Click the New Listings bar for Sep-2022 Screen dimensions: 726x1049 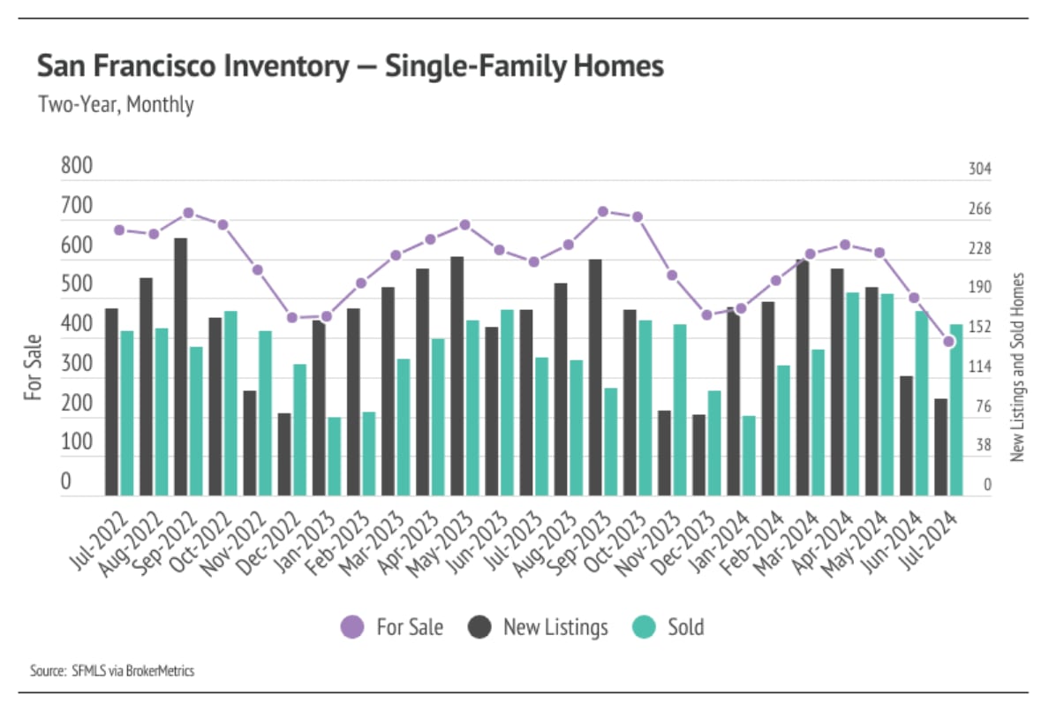pos(180,367)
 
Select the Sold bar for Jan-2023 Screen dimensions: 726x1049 pos(334,456)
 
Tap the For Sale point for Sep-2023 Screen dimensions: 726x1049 pos(603,211)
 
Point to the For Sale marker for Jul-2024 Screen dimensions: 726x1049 pos(949,341)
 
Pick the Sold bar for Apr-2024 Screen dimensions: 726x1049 pos(852,394)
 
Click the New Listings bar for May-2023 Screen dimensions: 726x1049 pos(457,376)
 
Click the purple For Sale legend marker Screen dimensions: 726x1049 pos(351,628)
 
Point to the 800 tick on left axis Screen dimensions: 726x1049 pos(77,167)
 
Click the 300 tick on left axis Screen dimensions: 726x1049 pos(77,364)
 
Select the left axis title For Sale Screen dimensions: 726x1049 pos(33,367)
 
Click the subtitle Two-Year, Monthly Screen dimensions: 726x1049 pos(116,104)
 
